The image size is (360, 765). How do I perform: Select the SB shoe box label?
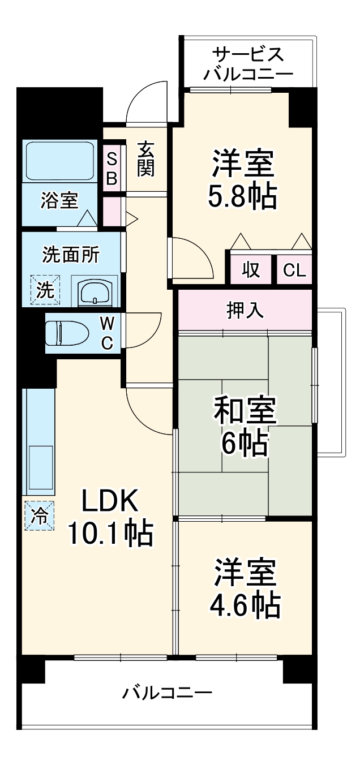point(112,169)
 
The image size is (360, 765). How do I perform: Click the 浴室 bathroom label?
point(59,200)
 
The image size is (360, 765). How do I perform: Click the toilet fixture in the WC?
point(67,332)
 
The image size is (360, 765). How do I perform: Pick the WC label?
point(107,332)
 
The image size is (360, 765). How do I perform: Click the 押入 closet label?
point(245,310)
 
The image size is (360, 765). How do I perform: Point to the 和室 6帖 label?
point(245,427)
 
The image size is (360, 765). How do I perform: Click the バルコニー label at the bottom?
point(168,692)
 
